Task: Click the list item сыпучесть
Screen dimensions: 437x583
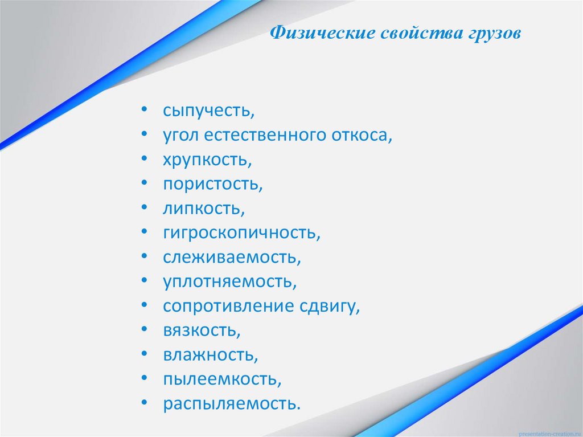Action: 208,111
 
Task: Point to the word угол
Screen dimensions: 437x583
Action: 180,136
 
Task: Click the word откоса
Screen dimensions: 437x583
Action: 362,136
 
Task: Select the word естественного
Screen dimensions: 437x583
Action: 264,136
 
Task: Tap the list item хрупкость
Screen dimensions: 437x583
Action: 207,160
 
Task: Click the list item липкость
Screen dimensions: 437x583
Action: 203,209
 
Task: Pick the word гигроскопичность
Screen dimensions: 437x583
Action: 241,233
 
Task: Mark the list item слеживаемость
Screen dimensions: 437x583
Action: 231,258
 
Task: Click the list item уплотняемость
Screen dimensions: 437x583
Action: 229,281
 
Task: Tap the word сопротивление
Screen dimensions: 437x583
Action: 228,306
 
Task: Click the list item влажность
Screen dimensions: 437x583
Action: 210,355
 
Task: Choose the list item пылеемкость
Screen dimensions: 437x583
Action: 221,379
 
